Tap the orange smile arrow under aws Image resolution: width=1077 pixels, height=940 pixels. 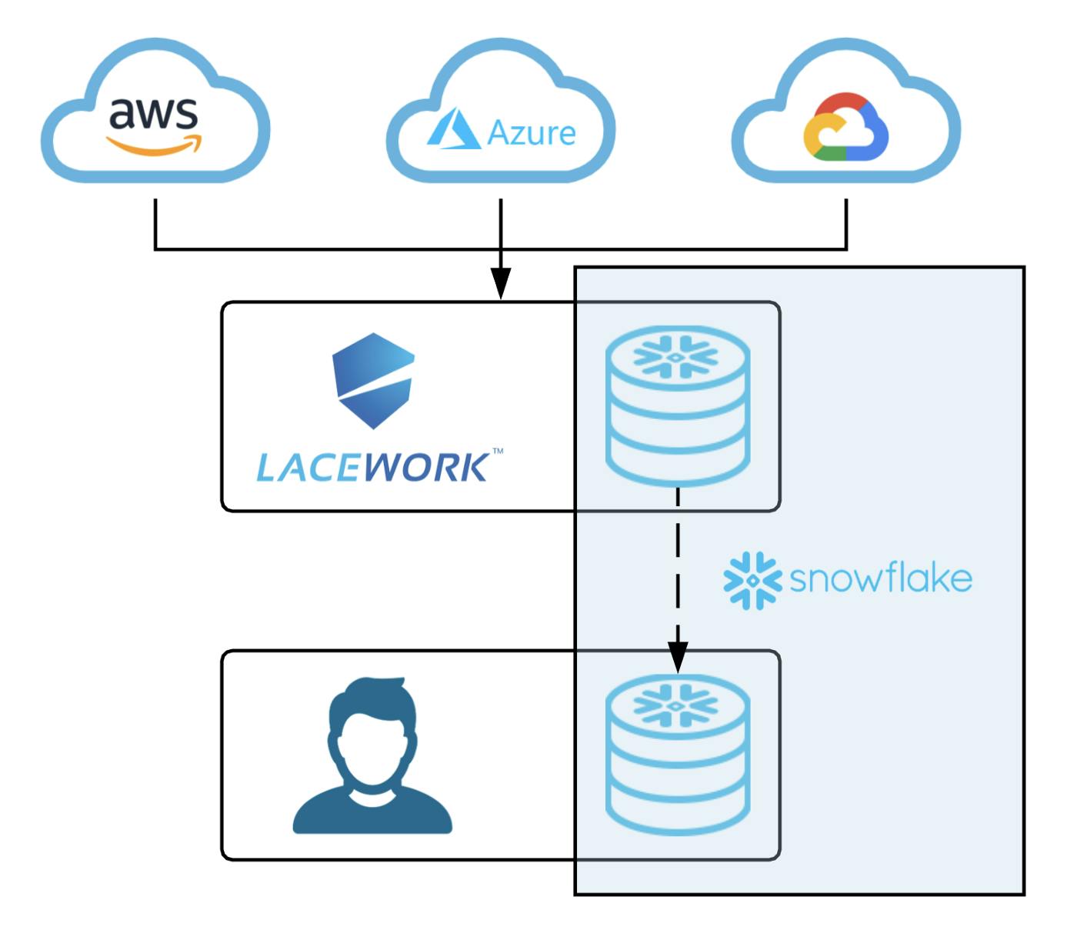pos(155,145)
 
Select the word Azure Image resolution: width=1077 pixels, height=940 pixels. pos(532,133)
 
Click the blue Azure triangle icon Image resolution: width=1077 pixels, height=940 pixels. pos(453,128)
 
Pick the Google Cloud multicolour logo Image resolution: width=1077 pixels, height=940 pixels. pos(845,128)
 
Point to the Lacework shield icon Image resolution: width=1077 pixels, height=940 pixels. pos(373,380)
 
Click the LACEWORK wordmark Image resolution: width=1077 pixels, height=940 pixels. pos(372,468)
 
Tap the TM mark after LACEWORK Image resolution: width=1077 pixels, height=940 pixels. pos(498,452)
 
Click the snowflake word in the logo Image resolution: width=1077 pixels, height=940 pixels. pos(881,578)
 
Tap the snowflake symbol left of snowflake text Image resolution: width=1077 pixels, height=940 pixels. pos(752,580)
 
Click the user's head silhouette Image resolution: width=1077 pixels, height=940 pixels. pos(373,731)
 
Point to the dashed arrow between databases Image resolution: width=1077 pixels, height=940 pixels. pos(677,569)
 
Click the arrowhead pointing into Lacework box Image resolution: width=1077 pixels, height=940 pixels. pos(501,285)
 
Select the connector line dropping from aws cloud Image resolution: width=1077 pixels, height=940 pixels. pos(155,223)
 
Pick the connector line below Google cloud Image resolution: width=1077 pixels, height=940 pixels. pos(846,223)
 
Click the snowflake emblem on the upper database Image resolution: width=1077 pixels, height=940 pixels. pos(675,357)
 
